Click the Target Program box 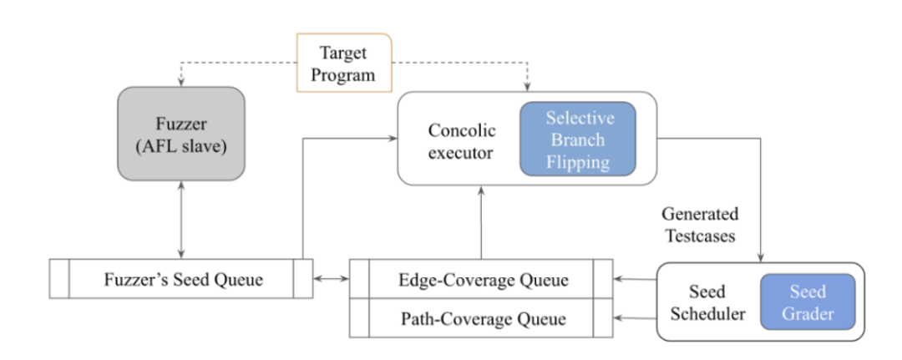(344, 63)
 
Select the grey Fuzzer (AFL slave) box (181, 134)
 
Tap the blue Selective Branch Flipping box (578, 139)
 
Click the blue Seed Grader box (808, 302)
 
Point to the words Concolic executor (461, 141)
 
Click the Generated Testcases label (700, 225)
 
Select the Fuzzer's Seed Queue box (181, 278)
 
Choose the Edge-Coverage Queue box (482, 279)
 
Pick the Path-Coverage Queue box (482, 318)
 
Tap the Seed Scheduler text (709, 302)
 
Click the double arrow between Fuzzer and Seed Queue (181, 220)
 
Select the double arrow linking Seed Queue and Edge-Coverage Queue (332, 279)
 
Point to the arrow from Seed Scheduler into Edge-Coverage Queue (635, 280)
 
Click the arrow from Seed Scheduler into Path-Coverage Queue (635, 317)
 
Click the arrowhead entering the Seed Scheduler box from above (762, 258)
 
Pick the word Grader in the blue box (808, 313)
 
